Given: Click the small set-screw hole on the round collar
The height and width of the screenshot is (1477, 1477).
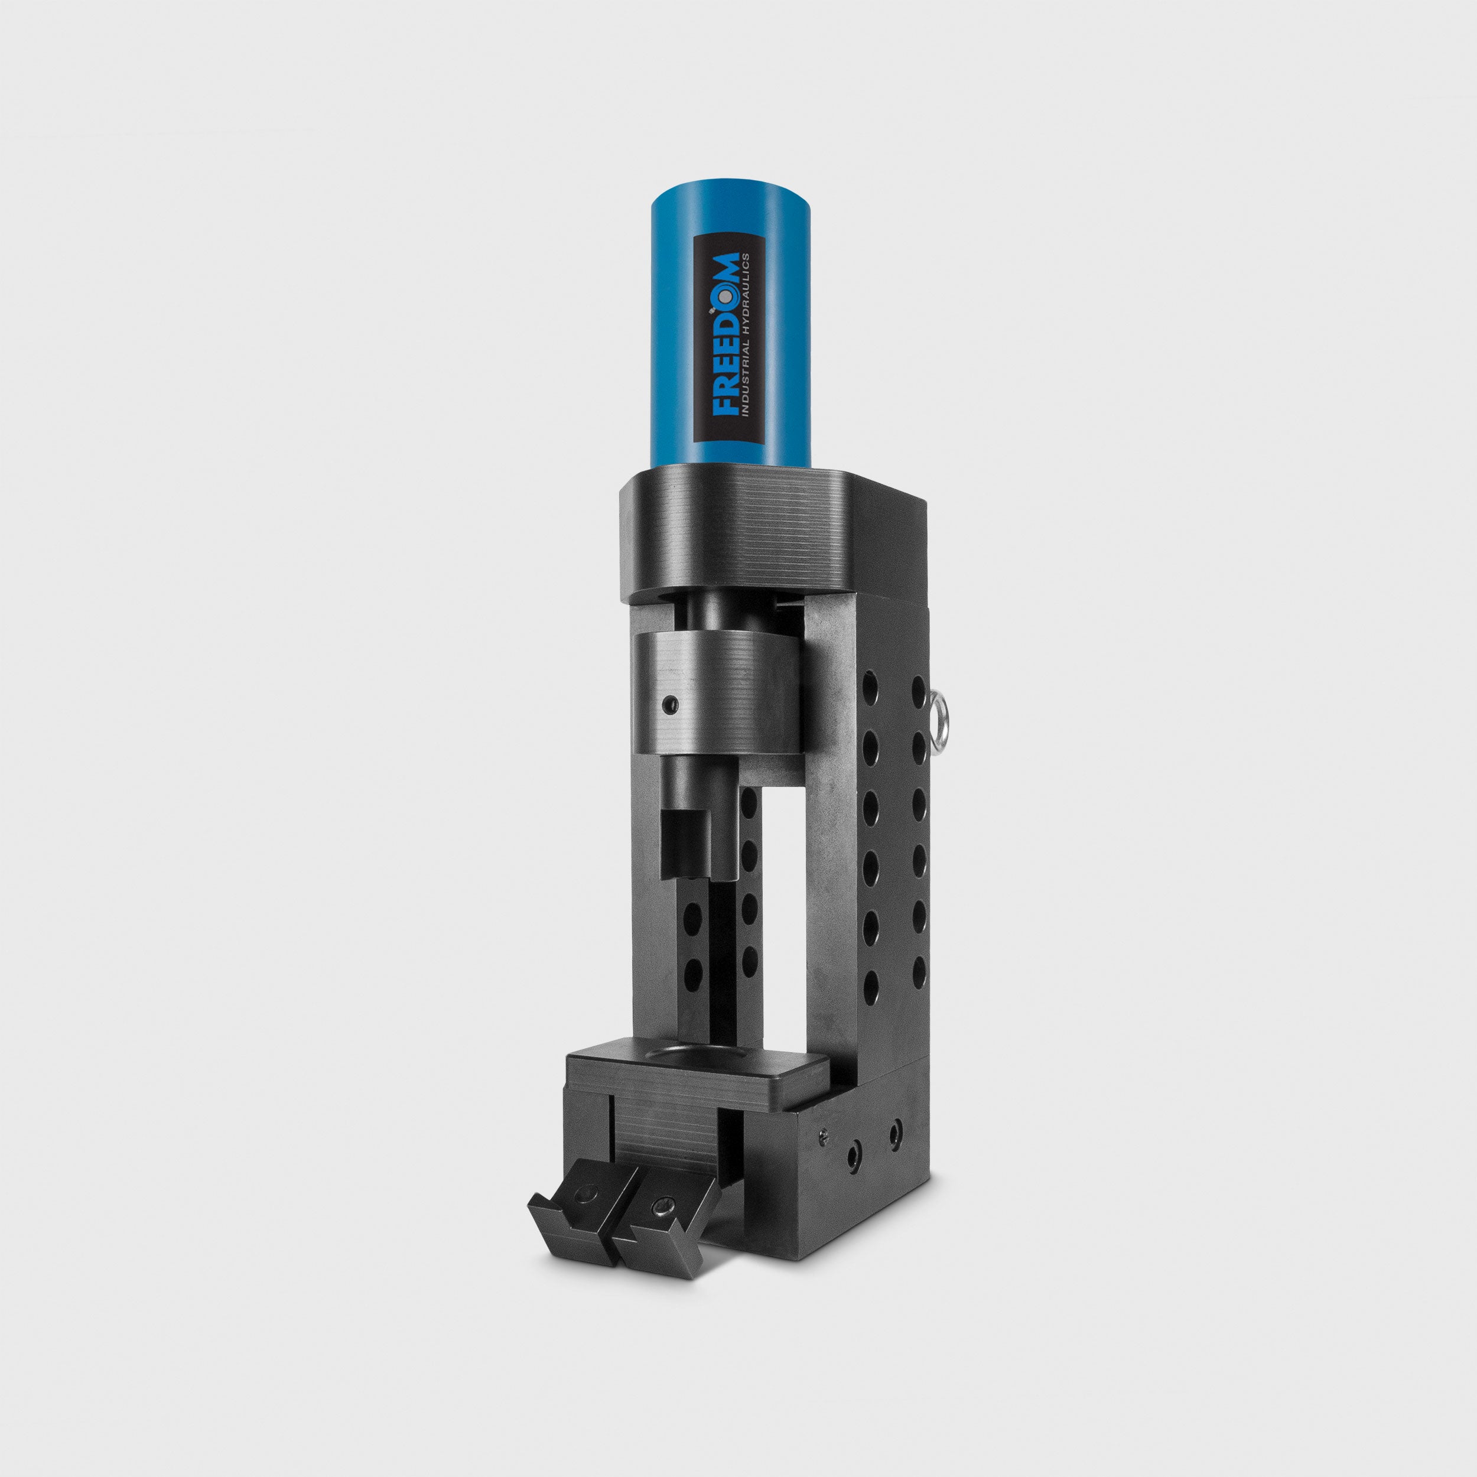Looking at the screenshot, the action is pos(671,702).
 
